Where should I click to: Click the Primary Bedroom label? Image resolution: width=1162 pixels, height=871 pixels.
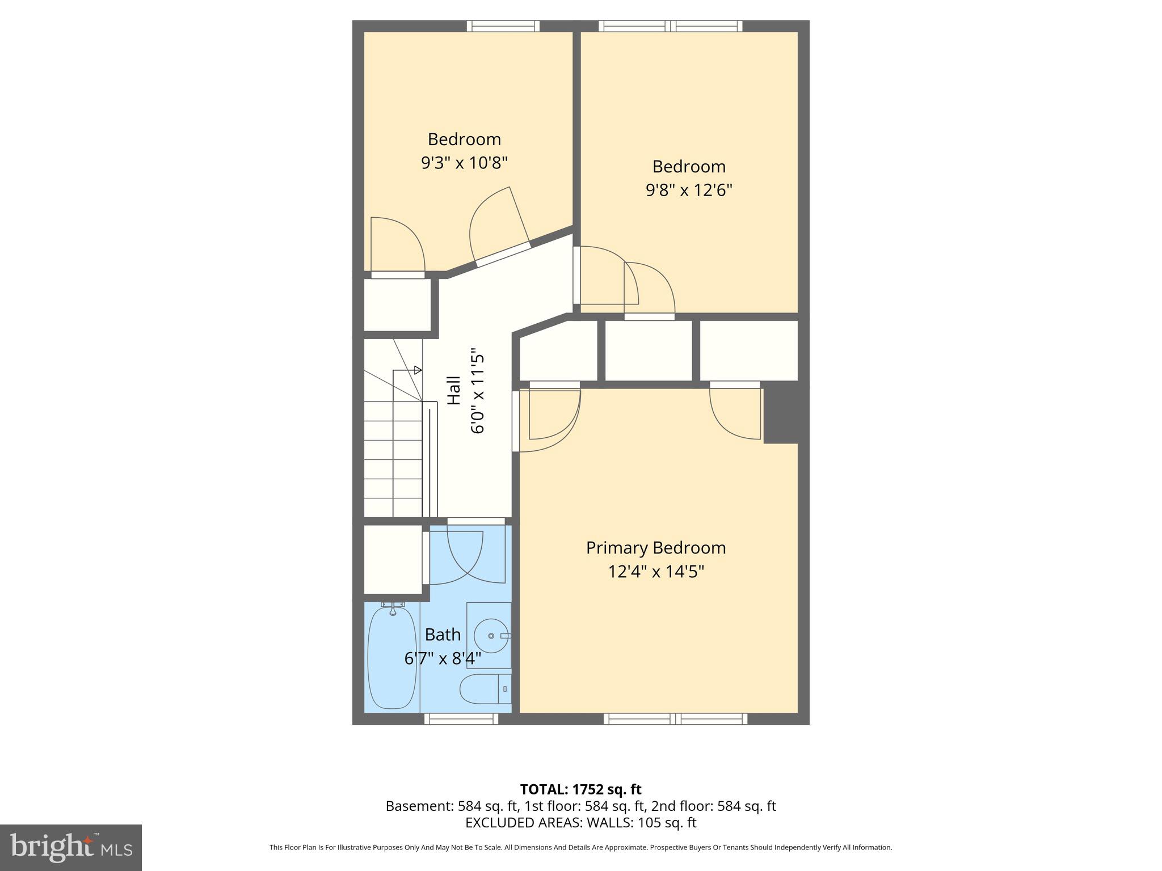(x=655, y=548)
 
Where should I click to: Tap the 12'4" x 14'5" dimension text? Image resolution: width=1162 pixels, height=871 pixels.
(x=655, y=572)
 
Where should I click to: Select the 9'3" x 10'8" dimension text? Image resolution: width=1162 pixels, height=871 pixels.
(x=464, y=163)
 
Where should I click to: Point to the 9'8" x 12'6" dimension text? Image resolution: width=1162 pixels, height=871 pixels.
(x=689, y=190)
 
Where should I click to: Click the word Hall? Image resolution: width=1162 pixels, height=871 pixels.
(x=454, y=391)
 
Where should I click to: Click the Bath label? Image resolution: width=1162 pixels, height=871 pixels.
(x=443, y=635)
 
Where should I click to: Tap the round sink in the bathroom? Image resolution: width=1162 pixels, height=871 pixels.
(x=491, y=636)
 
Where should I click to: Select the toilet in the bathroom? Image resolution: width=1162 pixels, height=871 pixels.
(x=485, y=690)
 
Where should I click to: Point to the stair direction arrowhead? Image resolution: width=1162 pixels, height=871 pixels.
(x=418, y=370)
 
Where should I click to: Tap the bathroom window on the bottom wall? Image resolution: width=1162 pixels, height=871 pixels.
(x=461, y=719)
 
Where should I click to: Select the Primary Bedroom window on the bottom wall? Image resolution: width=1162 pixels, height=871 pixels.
(x=675, y=719)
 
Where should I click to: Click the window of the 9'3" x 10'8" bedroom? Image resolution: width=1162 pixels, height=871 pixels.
(x=503, y=26)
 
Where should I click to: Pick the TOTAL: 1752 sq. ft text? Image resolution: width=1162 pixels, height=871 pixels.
(x=580, y=789)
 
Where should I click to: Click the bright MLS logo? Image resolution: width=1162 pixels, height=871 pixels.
(x=70, y=848)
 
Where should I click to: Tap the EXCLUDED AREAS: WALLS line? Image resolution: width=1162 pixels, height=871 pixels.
(x=580, y=823)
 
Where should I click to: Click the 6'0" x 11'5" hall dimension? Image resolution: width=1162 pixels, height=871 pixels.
(x=478, y=391)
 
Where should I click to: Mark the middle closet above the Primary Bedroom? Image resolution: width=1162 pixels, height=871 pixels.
(x=649, y=350)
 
